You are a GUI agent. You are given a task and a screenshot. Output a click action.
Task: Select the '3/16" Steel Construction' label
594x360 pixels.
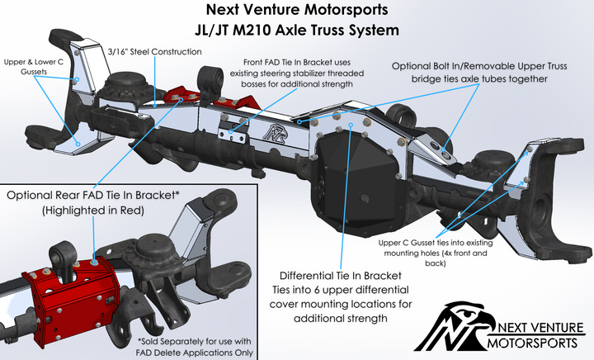pyautogui.click(x=155, y=51)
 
